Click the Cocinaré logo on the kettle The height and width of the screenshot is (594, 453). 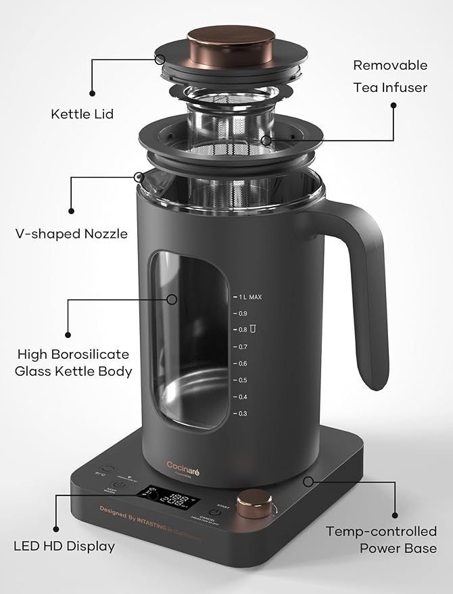point(185,464)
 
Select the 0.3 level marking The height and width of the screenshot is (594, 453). point(241,413)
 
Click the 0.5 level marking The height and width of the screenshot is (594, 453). point(241,380)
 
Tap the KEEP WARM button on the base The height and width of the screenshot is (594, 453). point(119,487)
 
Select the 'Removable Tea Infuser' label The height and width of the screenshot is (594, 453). point(390,76)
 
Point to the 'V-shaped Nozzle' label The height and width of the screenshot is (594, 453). point(71,234)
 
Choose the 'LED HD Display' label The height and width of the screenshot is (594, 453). point(64,545)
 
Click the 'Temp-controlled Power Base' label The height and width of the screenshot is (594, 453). point(381,539)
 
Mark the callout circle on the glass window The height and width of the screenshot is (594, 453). point(172,298)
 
